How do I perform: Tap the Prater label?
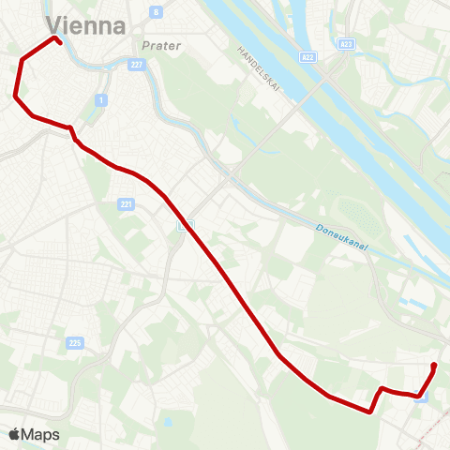pyautogui.click(x=160, y=45)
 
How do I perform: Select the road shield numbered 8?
pyautogui.click(x=156, y=12)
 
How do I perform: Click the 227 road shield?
pyautogui.click(x=137, y=64)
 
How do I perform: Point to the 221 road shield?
pyautogui.click(x=127, y=204)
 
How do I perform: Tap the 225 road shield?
pyautogui.click(x=75, y=344)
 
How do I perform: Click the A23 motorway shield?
pyautogui.click(x=346, y=43)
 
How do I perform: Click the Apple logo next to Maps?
pyautogui.click(x=15, y=434)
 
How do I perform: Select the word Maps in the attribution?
pyautogui.click(x=41, y=434)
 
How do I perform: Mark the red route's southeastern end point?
pyautogui.click(x=434, y=365)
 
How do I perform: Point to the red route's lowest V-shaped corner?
pyautogui.click(x=371, y=411)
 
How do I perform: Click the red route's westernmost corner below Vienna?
pyautogui.click(x=15, y=95)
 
